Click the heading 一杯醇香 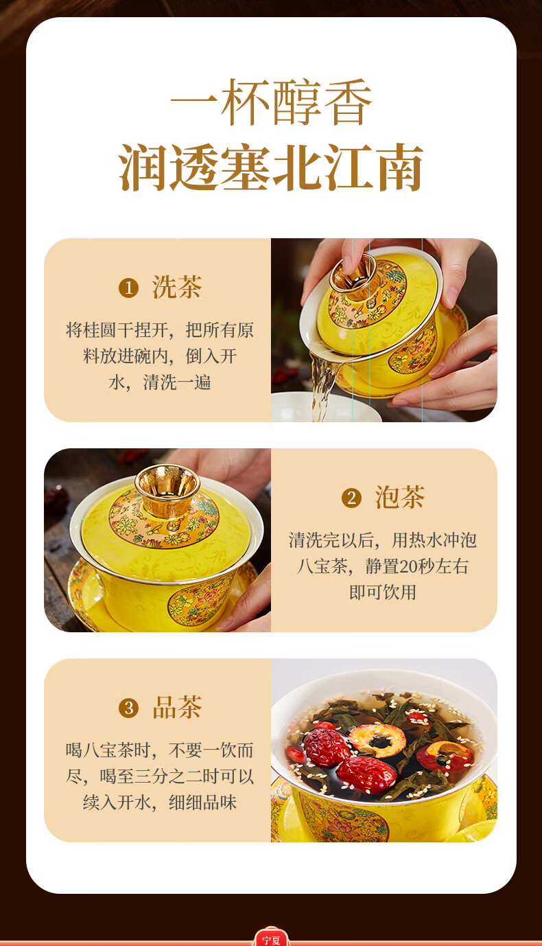[x=271, y=102]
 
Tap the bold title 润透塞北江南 [x=271, y=168]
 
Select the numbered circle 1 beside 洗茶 [x=129, y=288]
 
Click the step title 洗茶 [x=176, y=287]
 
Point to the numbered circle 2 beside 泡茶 [x=352, y=498]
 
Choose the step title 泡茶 [x=400, y=497]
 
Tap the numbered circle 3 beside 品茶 [x=129, y=708]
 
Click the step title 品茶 [x=176, y=707]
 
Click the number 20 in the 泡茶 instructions [x=408, y=566]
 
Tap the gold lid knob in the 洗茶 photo [x=353, y=277]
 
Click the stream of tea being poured [x=323, y=387]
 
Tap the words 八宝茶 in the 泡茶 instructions [x=322, y=566]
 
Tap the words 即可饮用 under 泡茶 [x=383, y=592]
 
